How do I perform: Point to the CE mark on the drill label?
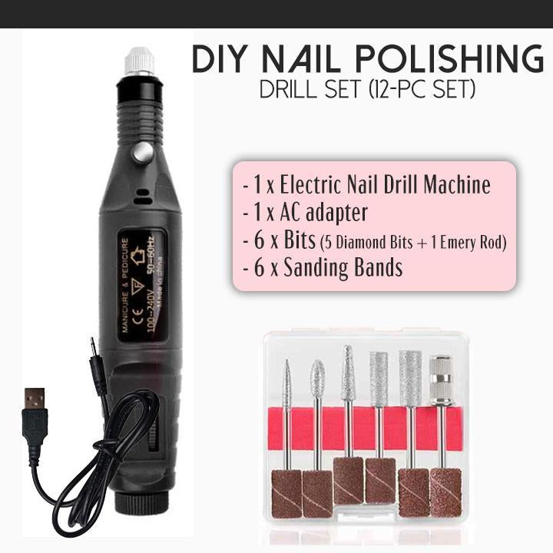pos(137,315)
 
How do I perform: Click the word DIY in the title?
pos(219,59)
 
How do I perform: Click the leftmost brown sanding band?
pos(286,493)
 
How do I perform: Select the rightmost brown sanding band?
pos(446,492)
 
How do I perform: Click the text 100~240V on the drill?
pos(150,311)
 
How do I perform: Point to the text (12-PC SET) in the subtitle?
pos(422,90)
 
